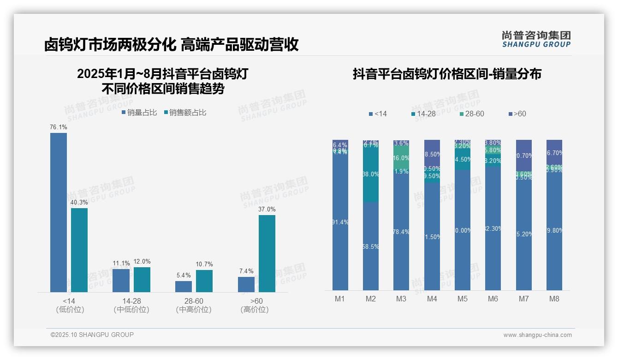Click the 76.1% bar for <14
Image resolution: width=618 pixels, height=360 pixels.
[59, 212]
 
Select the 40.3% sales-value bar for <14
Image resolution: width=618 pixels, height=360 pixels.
[79, 250]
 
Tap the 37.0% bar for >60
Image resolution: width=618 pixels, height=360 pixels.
[267, 253]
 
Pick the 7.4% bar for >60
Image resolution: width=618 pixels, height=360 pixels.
[246, 284]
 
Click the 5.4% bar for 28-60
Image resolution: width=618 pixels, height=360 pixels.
[184, 287]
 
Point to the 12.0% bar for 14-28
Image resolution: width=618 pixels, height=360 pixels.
[142, 279]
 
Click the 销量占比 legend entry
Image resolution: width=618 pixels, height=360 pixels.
[139, 113]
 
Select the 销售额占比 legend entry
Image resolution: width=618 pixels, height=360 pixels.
[185, 113]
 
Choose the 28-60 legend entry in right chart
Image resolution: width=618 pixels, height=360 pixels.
[472, 114]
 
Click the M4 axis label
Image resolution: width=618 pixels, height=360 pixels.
[432, 299]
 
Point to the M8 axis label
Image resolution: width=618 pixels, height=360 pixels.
[554, 299]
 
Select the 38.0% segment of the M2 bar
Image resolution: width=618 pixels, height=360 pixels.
[371, 174]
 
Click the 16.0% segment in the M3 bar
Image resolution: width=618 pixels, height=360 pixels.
[401, 157]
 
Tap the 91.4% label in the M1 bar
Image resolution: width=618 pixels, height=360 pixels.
[340, 222]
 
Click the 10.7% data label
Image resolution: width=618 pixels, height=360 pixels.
[204, 264]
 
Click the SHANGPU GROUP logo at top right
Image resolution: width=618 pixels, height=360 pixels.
[536, 39]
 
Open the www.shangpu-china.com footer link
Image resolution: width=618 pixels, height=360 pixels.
[537, 335]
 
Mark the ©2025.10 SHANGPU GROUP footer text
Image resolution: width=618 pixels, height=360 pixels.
[92, 335]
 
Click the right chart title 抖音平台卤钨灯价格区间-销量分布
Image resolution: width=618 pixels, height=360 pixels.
[447, 74]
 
